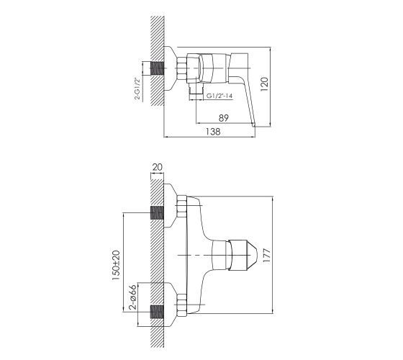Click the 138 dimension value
213,132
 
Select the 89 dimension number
224,118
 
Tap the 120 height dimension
264,84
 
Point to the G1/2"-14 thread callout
219,96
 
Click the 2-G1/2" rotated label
137,88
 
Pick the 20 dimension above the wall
158,167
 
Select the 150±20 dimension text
117,265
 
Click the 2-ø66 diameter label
132,297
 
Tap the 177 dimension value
267,255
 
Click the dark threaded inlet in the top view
158,68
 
